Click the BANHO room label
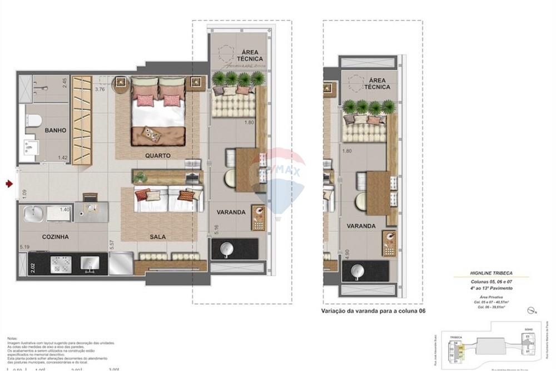pos(56,130)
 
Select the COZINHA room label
pos(56,237)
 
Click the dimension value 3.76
pos(100,89)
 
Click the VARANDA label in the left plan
pos(231,212)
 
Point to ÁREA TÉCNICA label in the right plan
pos(376,83)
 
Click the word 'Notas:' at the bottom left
pos(12,338)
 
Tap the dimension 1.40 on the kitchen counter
pos(64,210)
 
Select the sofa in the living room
pos(167,200)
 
